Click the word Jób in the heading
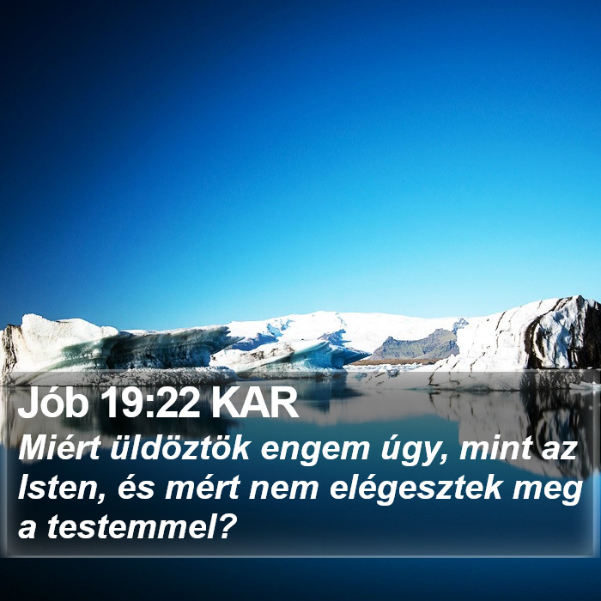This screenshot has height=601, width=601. (53, 403)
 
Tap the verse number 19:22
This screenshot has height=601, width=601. (150, 404)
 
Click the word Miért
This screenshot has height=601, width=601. (59, 448)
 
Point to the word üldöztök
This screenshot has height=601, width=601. (180, 448)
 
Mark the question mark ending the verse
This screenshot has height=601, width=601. (226, 525)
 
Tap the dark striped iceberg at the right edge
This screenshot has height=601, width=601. (563, 333)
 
